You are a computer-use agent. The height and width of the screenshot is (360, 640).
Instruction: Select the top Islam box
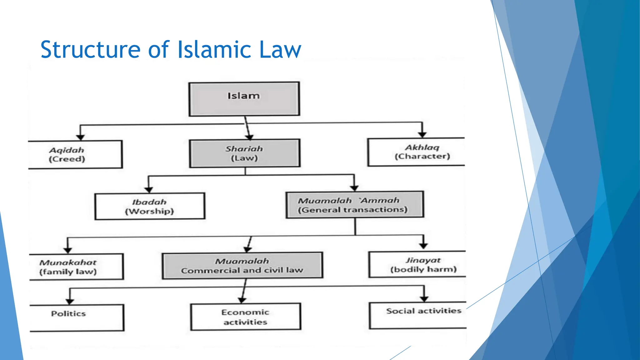[244, 99]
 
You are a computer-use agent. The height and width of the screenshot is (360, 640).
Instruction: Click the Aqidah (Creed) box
[75, 154]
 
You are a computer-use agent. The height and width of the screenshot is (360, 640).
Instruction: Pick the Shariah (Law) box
[244, 153]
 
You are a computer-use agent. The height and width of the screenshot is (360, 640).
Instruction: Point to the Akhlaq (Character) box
[416, 152]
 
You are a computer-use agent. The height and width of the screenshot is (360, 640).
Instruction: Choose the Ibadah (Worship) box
[150, 206]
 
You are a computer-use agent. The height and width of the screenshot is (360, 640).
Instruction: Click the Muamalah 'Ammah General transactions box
[355, 205]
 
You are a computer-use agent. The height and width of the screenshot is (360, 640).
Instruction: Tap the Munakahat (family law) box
[76, 267]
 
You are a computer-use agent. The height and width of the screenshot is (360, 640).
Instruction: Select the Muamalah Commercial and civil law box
[242, 265]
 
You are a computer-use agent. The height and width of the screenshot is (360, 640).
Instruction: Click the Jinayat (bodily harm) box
[417, 264]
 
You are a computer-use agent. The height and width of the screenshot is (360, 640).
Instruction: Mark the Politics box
[77, 317]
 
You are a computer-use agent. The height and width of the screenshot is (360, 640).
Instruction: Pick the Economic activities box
[246, 317]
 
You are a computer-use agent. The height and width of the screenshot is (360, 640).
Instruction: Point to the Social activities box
[417, 315]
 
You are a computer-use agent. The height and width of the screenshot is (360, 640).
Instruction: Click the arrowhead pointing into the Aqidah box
[80, 137]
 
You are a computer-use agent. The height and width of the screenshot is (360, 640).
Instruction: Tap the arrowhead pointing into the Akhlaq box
[422, 135]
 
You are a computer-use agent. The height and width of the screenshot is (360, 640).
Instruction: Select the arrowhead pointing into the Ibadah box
[149, 190]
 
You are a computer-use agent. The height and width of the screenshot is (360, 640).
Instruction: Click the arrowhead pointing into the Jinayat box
[423, 246]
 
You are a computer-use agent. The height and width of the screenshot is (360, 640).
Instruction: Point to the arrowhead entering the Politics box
[70, 302]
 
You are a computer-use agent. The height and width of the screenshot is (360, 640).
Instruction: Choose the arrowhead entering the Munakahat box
[68, 250]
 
